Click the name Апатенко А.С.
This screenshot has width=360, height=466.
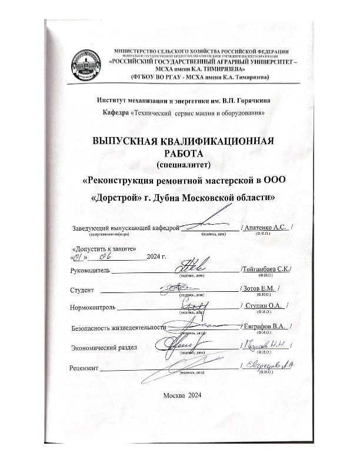tap(265, 227)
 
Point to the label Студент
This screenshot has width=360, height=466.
tap(83, 289)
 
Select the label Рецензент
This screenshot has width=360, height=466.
tap(85, 368)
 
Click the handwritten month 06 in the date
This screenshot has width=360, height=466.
tap(106, 257)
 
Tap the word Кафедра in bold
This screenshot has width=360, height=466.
tap(114, 112)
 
